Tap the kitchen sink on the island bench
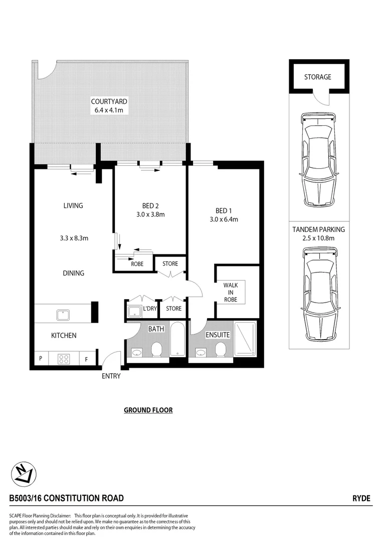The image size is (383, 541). [63, 315]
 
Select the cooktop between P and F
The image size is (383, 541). [64, 359]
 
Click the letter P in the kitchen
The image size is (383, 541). [41, 359]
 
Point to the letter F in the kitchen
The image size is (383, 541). [86, 359]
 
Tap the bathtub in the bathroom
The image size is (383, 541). [177, 339]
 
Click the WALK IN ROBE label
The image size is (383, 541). [230, 292]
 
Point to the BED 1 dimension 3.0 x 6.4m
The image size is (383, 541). [224, 219]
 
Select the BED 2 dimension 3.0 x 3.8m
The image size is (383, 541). [150, 214]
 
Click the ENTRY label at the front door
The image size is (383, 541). [111, 376]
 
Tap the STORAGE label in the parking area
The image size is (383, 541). [318, 77]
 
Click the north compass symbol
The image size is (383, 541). [22, 473]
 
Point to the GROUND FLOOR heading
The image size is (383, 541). [148, 410]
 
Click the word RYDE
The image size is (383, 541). [361, 498]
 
